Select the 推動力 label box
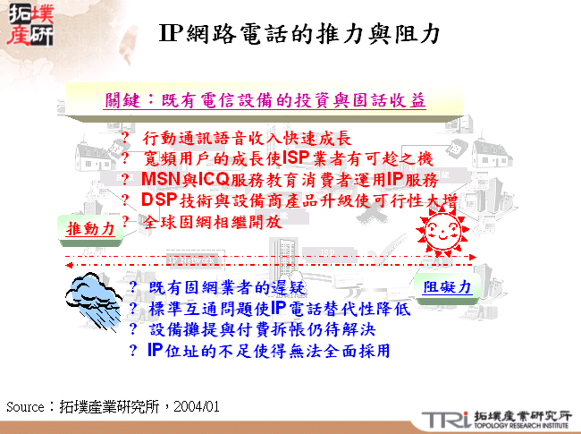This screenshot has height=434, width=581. (x=91, y=229)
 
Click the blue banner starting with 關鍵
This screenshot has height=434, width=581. (x=264, y=99)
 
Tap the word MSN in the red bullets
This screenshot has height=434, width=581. (x=162, y=179)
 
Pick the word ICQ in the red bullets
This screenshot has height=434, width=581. (x=215, y=179)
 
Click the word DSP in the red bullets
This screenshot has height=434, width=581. (x=160, y=200)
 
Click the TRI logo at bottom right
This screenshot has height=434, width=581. (x=445, y=418)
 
